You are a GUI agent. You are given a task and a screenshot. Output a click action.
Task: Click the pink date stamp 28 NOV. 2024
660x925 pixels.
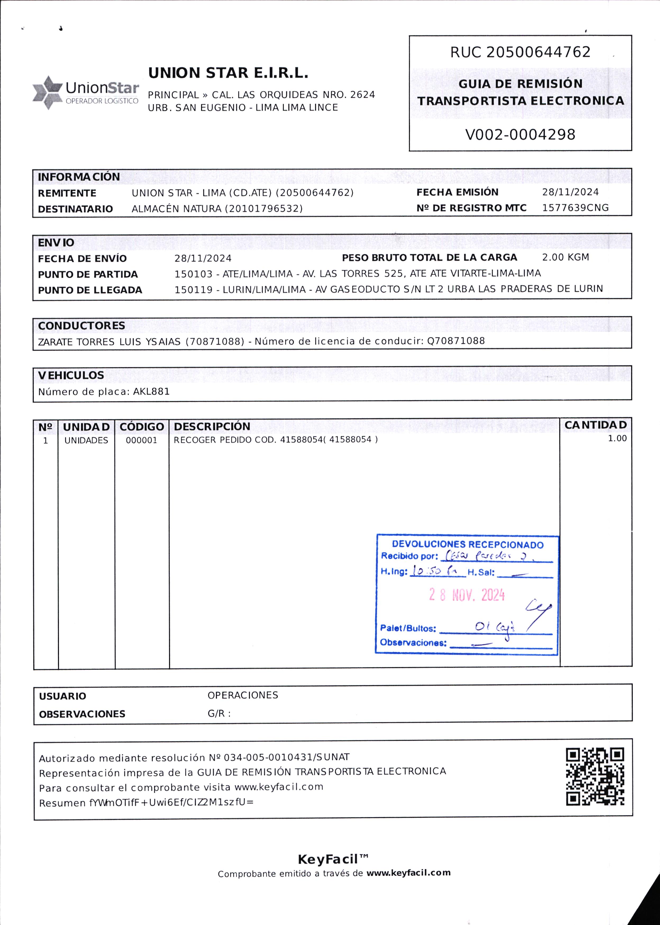467,595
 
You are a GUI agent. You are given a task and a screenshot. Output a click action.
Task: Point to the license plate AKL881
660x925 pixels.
151,392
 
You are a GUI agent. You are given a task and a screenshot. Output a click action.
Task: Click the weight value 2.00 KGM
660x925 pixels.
565,257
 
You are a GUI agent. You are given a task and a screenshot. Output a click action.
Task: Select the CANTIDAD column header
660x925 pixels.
595,425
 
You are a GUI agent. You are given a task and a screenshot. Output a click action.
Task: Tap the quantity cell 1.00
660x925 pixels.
617,439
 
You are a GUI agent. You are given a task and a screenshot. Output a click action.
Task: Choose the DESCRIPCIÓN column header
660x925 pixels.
212,426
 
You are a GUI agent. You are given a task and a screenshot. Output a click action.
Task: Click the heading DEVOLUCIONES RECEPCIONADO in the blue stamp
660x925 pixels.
467,545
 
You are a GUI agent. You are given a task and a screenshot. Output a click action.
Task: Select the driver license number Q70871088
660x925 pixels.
456,341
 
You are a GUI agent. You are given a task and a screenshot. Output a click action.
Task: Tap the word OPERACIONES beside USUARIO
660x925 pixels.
243,695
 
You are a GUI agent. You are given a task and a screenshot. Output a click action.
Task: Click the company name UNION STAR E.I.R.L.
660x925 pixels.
228,73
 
